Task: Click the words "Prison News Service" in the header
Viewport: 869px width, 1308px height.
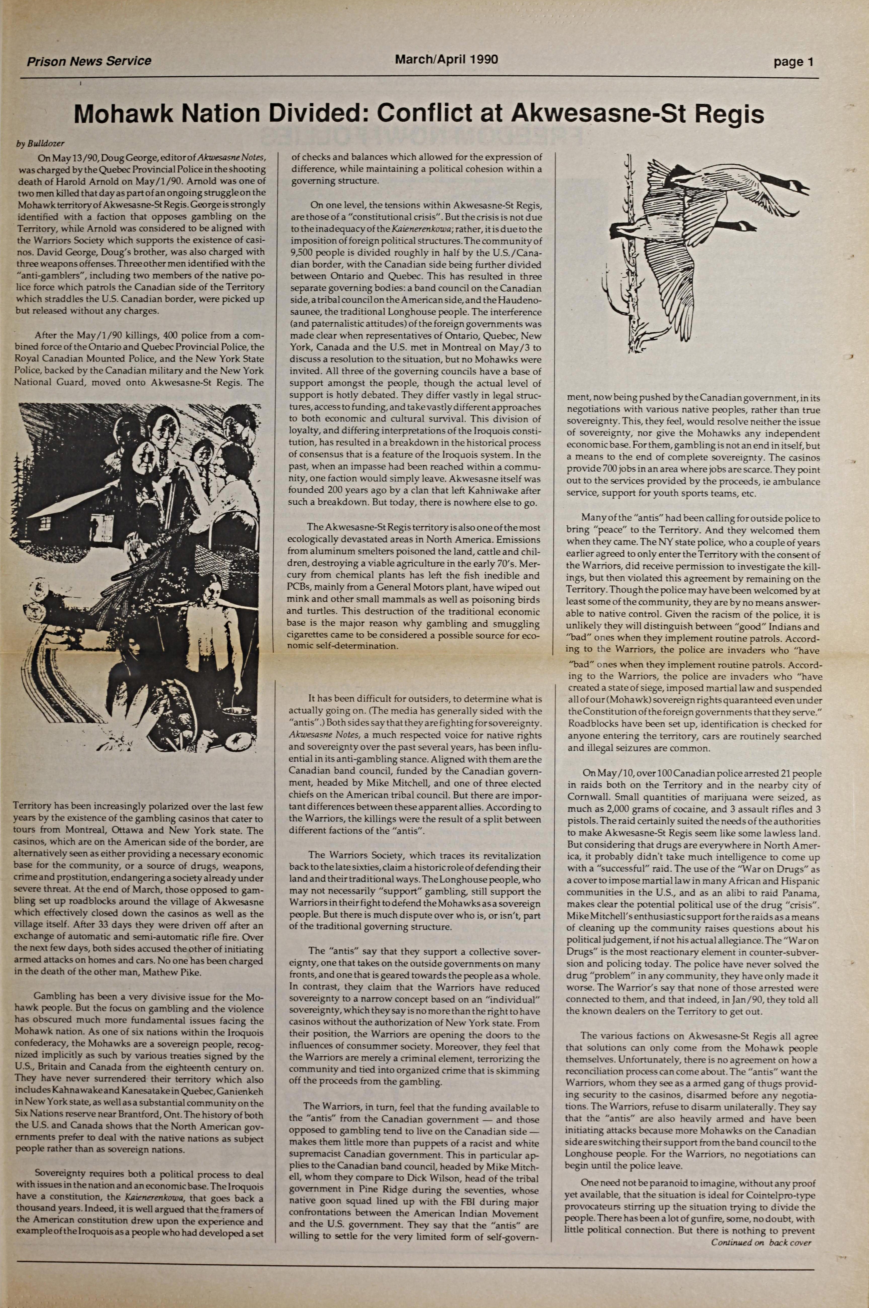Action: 89,61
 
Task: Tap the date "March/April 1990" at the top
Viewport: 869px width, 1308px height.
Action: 446,59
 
